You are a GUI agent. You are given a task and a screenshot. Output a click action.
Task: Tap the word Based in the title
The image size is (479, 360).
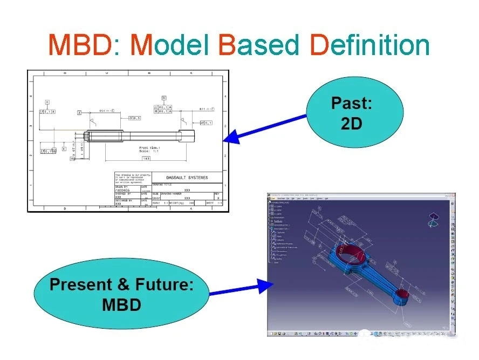[258, 45]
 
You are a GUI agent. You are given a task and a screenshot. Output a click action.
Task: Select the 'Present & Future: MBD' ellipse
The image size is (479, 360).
[121, 294]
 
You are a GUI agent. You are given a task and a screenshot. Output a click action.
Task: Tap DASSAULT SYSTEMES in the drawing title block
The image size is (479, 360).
[187, 178]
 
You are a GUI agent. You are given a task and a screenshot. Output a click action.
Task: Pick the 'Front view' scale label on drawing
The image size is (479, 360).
[150, 149]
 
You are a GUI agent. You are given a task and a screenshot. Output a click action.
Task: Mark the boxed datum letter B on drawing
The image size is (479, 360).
[163, 98]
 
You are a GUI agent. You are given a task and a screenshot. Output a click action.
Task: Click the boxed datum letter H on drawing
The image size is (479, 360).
[47, 102]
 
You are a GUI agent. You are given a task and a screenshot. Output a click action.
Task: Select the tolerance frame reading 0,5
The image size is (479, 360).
[134, 118]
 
